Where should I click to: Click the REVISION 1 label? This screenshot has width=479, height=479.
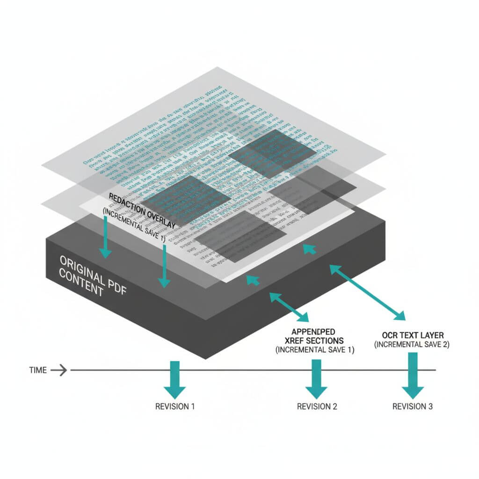[x=174, y=406]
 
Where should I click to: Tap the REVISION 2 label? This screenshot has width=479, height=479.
[x=317, y=406]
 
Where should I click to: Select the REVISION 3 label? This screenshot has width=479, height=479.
[x=412, y=406]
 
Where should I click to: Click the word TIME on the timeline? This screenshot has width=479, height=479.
[x=38, y=370]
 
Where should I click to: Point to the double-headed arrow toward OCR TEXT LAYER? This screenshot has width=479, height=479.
[x=368, y=292]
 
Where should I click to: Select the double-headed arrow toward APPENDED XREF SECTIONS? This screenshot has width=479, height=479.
[x=288, y=306]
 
